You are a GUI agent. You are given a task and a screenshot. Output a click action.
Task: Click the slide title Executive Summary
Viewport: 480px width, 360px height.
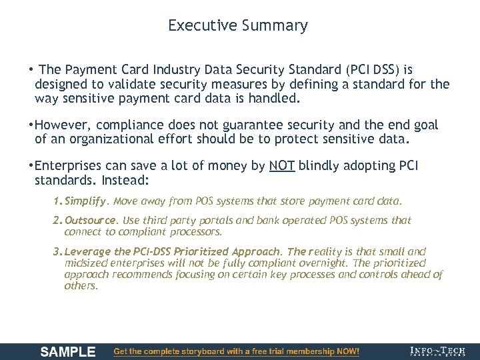click(x=238, y=26)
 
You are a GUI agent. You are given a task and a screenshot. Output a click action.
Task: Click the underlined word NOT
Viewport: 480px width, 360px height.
click(x=282, y=166)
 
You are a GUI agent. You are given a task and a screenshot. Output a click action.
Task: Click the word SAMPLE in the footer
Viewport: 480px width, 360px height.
click(x=68, y=351)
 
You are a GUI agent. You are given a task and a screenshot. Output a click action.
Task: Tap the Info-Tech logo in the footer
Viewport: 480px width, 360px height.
click(x=438, y=351)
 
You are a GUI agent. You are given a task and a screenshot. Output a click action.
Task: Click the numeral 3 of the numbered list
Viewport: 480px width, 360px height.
click(x=57, y=252)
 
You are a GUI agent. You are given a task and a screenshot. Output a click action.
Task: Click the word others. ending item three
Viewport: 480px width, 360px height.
click(x=81, y=285)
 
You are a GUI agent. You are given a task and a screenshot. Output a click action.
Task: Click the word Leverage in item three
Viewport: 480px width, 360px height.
click(x=89, y=252)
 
